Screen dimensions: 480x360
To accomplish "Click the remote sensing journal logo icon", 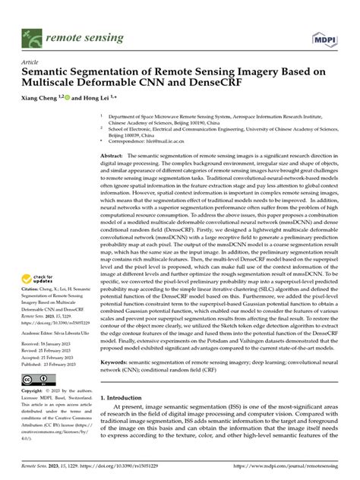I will point(31,36).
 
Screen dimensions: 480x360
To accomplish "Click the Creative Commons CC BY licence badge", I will point(36,379).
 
